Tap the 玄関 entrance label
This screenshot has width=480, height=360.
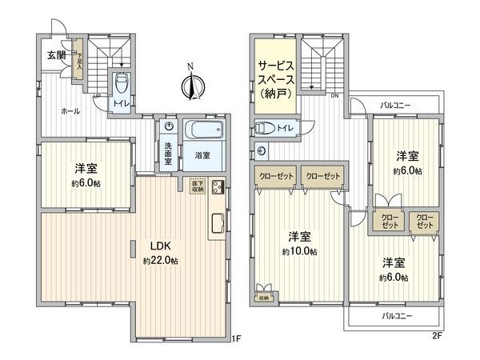pos(55,54)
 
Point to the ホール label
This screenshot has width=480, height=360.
pos(70,111)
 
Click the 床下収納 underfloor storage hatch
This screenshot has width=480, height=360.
pos(196,186)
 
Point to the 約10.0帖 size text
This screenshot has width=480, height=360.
pos(298,251)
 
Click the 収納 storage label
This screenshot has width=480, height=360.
pos(264,298)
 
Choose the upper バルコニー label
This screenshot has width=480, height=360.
pos(397,104)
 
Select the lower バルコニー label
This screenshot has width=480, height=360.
pos(397,317)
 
